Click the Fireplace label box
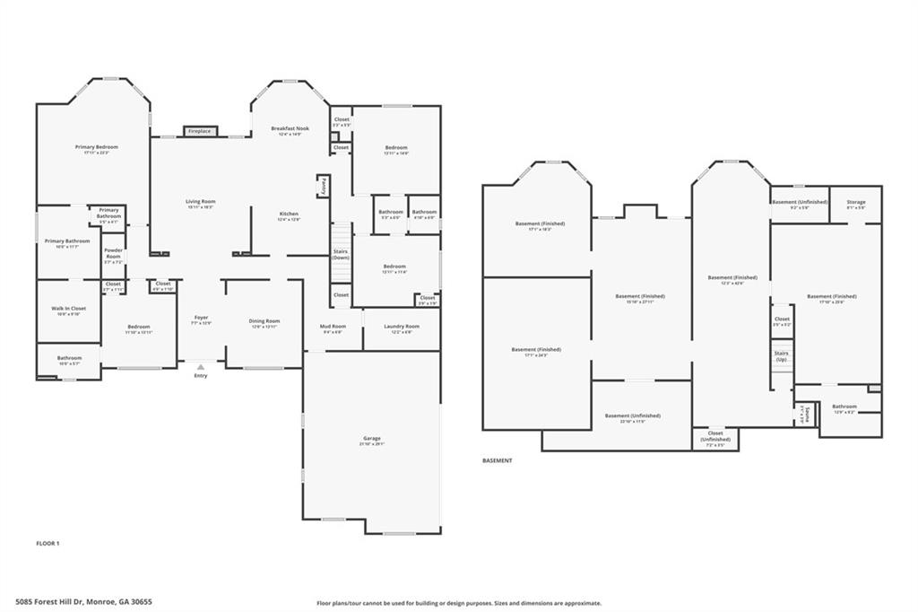click(199, 131)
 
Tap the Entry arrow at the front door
click(200, 367)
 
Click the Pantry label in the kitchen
click(322, 186)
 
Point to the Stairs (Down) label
click(341, 254)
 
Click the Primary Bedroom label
click(96, 147)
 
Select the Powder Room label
click(113, 253)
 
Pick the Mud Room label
click(333, 327)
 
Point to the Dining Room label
click(264, 320)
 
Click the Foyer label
click(202, 318)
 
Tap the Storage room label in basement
click(856, 202)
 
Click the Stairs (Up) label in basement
click(782, 356)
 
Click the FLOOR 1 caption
click(48, 544)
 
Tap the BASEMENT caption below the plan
click(498, 460)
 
